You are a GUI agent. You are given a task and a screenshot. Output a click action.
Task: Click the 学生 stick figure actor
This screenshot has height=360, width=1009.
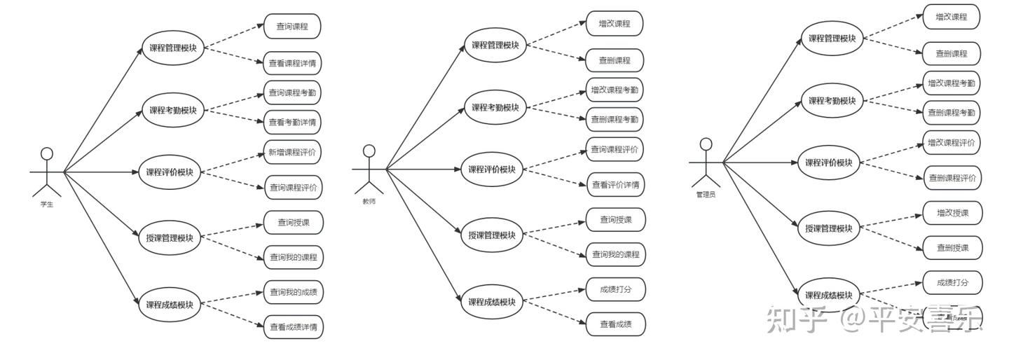pyautogui.click(x=47, y=172)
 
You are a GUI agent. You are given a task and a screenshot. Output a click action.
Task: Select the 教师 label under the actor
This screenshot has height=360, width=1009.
pyautogui.click(x=369, y=201)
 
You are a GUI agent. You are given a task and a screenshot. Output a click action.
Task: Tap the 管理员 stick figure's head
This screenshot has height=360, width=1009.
pyautogui.click(x=706, y=144)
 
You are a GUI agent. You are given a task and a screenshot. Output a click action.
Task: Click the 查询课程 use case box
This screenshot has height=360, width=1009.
pyautogui.click(x=292, y=27)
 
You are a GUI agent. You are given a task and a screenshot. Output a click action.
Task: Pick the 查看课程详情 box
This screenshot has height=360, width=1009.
pyautogui.click(x=292, y=64)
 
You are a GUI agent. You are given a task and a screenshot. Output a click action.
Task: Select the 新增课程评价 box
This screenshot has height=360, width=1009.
pyautogui.click(x=292, y=151)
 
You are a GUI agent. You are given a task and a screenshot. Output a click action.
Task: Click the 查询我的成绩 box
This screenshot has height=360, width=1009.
pyautogui.click(x=293, y=292)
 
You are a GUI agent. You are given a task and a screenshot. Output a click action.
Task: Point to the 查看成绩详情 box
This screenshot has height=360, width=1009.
pyautogui.click(x=293, y=326)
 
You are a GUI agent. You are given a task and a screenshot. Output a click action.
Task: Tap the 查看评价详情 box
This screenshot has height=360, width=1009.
pyautogui.click(x=615, y=185)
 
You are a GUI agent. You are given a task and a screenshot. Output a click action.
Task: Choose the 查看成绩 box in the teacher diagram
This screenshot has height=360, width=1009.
pyautogui.click(x=615, y=324)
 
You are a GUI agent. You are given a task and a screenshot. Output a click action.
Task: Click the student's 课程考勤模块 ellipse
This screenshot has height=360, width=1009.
pyautogui.click(x=173, y=111)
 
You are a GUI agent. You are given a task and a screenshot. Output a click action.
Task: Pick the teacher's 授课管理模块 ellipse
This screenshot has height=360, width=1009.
pyautogui.click(x=492, y=235)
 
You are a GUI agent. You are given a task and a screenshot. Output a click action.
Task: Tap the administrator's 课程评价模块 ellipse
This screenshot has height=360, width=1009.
pyautogui.click(x=828, y=162)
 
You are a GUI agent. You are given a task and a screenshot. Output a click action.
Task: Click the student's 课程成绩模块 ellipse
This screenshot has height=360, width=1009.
pyautogui.click(x=170, y=305)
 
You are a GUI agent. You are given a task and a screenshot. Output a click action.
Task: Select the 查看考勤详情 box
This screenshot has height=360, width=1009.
pyautogui.click(x=292, y=123)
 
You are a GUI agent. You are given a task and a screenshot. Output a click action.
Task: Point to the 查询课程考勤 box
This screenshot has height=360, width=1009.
pyautogui.click(x=292, y=92)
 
